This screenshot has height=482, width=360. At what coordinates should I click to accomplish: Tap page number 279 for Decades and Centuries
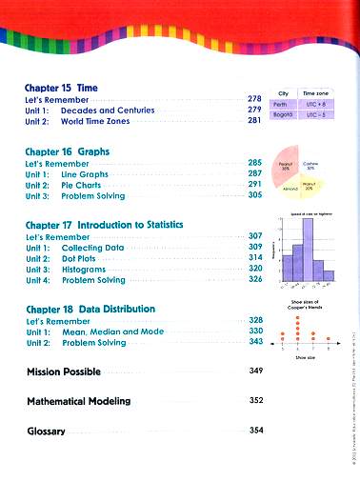click(x=254, y=110)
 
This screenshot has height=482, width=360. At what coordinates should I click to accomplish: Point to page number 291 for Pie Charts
click(x=254, y=184)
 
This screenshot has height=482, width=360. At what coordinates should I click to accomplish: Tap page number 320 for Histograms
click(x=254, y=269)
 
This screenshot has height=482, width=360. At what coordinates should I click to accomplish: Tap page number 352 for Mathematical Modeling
click(x=255, y=400)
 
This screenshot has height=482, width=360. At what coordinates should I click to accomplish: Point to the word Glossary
click(x=46, y=432)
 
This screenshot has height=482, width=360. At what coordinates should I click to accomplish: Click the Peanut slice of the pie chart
click(x=287, y=166)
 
